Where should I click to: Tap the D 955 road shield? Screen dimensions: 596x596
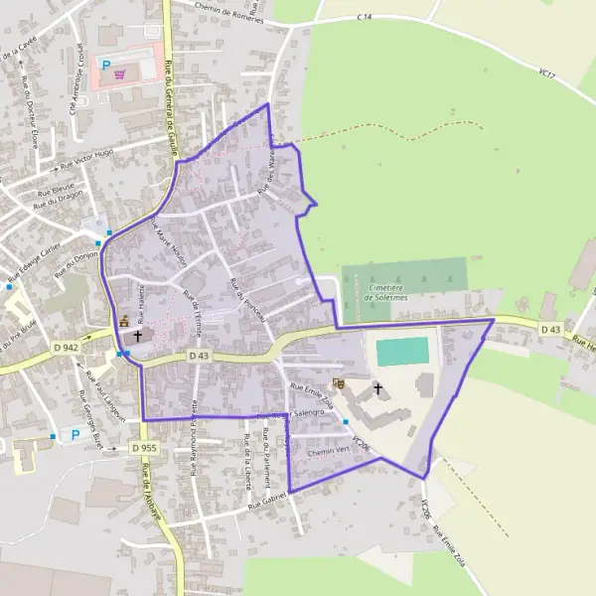tap(145, 448)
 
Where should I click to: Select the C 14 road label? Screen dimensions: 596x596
tap(364, 18)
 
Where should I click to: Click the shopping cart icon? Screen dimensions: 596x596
tap(120, 73)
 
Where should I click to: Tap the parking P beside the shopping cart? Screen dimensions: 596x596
tap(106, 65)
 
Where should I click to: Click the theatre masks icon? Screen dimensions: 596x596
tap(338, 381)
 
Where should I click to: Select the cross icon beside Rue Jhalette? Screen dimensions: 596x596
tap(137, 337)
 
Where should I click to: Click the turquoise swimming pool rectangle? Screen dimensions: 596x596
tap(402, 351)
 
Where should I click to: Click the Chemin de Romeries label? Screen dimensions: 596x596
tap(217, 9)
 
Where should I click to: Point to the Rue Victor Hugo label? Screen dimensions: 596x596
tap(86, 158)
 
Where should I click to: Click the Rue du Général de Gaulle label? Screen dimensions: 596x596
tap(169, 99)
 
